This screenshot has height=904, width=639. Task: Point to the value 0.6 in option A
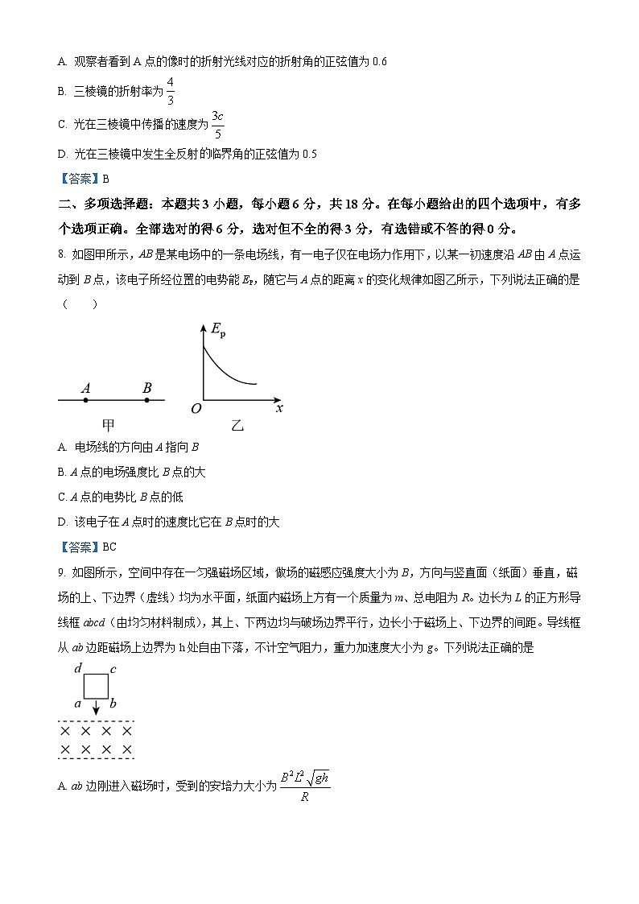(381, 61)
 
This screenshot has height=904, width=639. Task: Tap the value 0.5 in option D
(309, 154)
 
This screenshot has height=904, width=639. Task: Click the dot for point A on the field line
(86, 399)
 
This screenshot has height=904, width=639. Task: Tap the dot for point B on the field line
(146, 399)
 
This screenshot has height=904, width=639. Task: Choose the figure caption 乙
(237, 425)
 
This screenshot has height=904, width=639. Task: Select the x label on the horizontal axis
(279, 408)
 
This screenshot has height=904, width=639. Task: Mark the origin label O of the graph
(196, 409)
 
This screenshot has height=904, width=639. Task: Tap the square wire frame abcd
(96, 686)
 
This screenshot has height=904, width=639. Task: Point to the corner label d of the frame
(77, 668)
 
